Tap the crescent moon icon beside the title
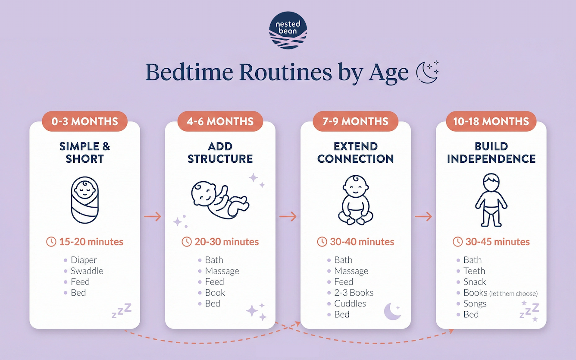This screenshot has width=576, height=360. click(427, 72)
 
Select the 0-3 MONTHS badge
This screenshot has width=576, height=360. click(85, 121)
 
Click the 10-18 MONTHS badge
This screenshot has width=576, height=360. click(491, 121)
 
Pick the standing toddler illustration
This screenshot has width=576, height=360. click(491, 200)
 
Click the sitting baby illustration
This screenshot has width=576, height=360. click(356, 200)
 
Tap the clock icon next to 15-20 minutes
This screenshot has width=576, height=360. click(51, 242)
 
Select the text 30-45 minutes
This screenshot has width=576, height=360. click(498, 242)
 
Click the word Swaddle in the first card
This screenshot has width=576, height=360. click(87, 271)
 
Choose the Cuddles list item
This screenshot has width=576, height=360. click(350, 303)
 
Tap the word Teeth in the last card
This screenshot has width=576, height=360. click(474, 271)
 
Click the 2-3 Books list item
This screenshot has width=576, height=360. click(354, 293)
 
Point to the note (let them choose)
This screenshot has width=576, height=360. click(513, 294)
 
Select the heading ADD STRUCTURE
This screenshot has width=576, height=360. click(220, 152)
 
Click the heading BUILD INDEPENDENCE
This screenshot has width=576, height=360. click(491, 152)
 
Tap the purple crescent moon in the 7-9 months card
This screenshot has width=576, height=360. click(392, 311)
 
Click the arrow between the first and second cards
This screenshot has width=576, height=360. click(152, 216)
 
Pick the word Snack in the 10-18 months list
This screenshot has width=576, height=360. click(475, 282)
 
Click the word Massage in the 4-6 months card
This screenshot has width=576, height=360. click(222, 271)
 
